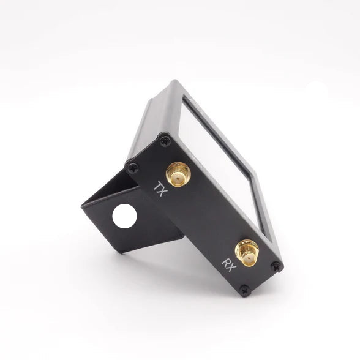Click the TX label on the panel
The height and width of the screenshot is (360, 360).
[x=160, y=189]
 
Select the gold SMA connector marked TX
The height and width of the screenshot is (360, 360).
[x=178, y=174]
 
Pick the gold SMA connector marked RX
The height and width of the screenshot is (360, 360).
[x=247, y=253]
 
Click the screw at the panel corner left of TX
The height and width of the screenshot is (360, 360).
[x=133, y=168]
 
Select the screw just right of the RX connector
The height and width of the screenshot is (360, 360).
[x=277, y=266]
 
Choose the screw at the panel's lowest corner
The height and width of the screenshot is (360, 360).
[x=245, y=290]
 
